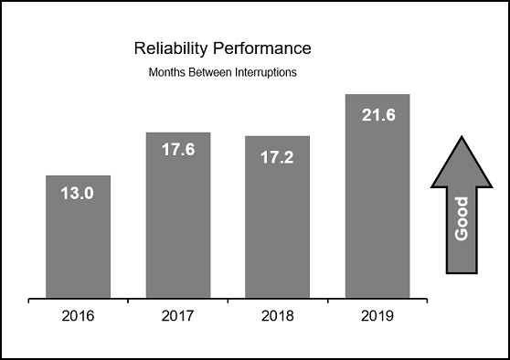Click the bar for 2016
78,237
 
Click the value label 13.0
78,193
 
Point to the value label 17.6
178,150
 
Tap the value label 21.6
377,114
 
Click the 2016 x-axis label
78,317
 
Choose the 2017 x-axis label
178,317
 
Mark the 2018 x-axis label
278,317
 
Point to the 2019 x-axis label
377,317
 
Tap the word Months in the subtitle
166,72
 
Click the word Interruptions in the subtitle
265,72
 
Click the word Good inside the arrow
462,218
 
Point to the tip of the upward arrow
462,138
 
